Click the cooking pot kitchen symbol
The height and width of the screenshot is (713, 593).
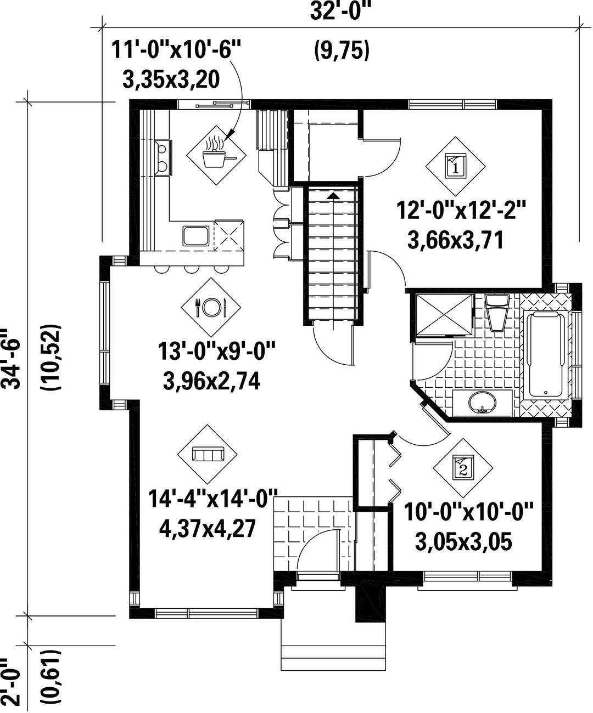(216, 155)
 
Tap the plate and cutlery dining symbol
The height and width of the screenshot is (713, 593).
(210, 307)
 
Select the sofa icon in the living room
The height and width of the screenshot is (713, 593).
(208, 455)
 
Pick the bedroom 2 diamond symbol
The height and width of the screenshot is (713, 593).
(463, 467)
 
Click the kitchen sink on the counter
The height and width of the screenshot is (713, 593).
(195, 236)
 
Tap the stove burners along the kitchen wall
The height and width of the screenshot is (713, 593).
(162, 157)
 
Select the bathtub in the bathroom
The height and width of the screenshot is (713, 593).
(545, 355)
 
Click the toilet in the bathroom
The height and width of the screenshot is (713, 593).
(497, 313)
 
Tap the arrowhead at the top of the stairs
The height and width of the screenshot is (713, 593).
(334, 196)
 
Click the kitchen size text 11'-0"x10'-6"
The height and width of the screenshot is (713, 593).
(176, 50)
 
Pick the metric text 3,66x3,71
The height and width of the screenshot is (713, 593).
(456, 240)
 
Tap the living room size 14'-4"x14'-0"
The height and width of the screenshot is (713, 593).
(212, 499)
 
